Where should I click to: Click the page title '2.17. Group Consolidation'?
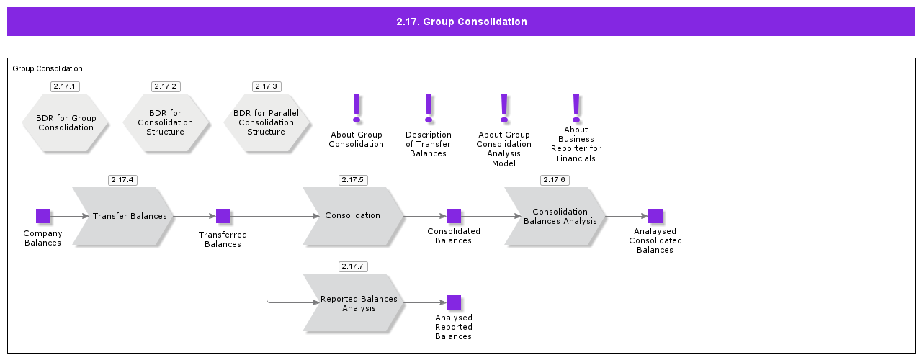(x=461, y=22)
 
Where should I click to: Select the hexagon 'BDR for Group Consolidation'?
(x=65, y=122)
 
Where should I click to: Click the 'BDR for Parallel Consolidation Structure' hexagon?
(x=266, y=122)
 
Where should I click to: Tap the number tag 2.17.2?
(x=165, y=86)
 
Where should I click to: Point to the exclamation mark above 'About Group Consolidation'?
(x=356, y=108)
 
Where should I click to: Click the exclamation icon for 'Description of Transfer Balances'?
(x=429, y=108)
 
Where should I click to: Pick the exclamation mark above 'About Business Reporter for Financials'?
(x=576, y=107)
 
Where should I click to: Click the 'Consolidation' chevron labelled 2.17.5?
(x=353, y=216)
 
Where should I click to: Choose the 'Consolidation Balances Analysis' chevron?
(x=556, y=216)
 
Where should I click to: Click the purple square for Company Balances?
(x=43, y=216)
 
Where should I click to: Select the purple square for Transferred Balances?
(x=223, y=216)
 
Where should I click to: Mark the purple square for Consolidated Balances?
(x=454, y=216)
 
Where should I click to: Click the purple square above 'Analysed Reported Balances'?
(x=454, y=302)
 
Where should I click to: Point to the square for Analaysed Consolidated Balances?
(x=655, y=216)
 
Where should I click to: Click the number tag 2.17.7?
(x=353, y=266)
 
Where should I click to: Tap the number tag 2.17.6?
(x=554, y=180)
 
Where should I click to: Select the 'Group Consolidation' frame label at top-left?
(x=48, y=69)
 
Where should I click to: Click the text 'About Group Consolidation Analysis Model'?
(x=503, y=149)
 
